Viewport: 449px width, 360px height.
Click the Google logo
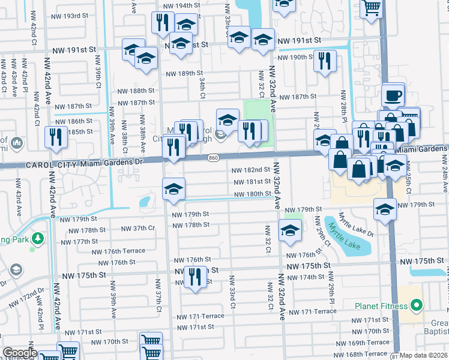tap(20, 353)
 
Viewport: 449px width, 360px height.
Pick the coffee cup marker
tap(393, 95)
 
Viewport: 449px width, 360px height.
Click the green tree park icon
tap(38, 239)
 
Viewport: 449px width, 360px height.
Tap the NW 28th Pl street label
tap(344, 104)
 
